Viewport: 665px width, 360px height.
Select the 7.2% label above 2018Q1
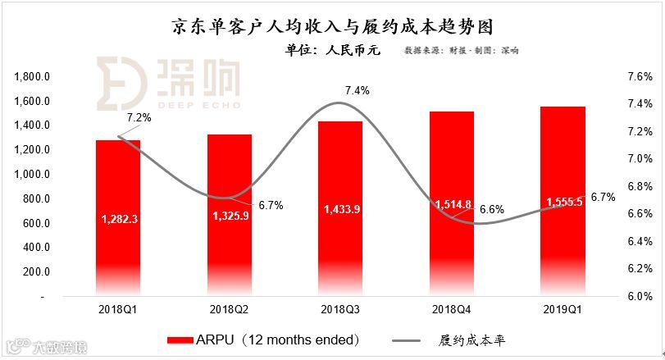(x=139, y=118)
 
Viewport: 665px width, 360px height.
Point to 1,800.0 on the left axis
(x=34, y=77)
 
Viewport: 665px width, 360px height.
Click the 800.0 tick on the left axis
(x=37, y=198)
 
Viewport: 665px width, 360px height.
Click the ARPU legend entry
(x=262, y=339)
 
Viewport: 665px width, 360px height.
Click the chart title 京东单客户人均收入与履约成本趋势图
(x=333, y=27)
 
